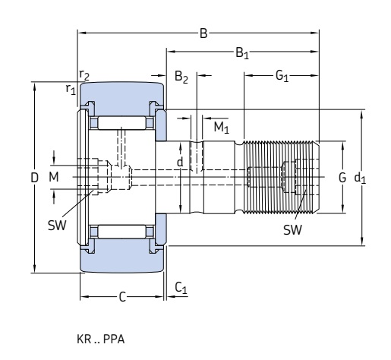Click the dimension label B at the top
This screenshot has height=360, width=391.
203,33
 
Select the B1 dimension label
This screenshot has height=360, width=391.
242,53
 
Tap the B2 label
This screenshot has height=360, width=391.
181,77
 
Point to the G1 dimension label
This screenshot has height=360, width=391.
282,76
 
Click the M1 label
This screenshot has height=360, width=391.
221,128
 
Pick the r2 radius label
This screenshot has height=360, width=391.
84,75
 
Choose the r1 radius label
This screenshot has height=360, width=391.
71,89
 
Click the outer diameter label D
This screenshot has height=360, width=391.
34,178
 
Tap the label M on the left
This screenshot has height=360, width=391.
54,177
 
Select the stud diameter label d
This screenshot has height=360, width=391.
180,162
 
